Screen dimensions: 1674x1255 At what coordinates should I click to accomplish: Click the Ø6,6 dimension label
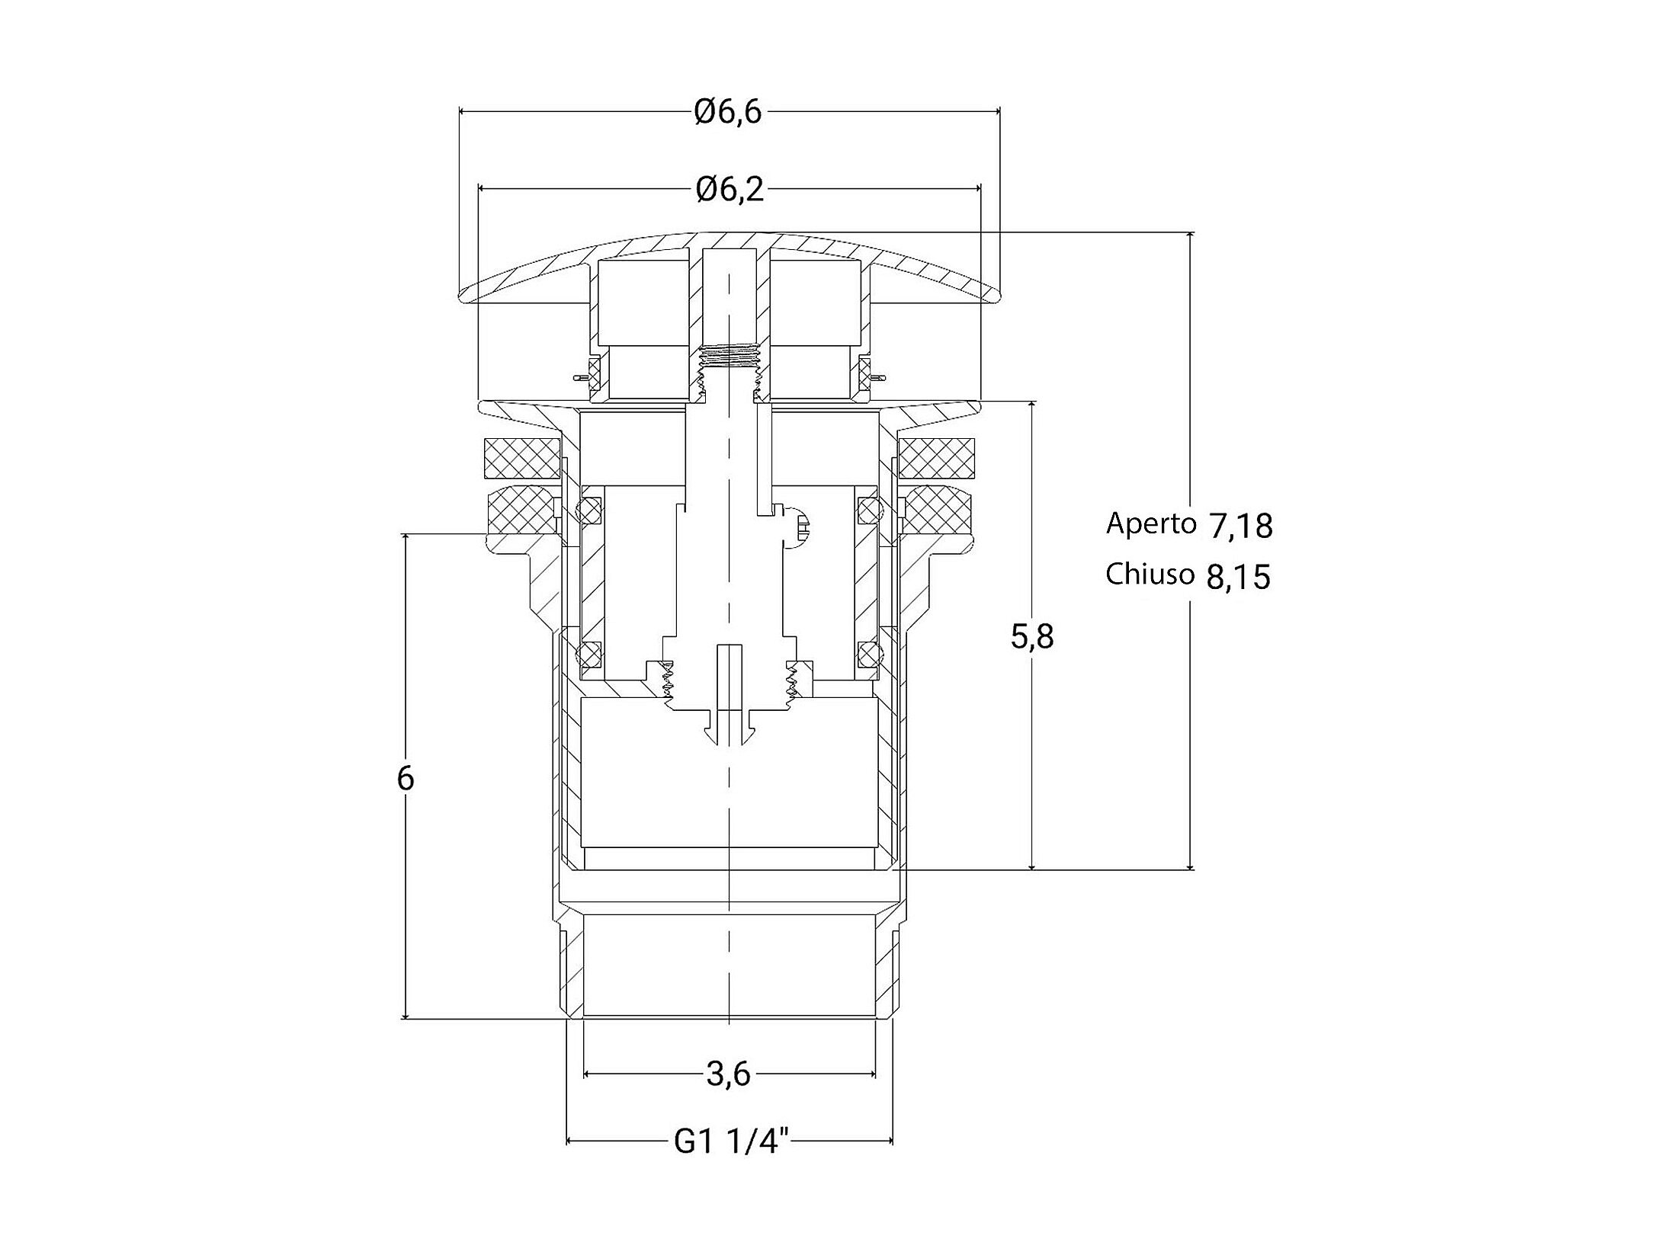coord(728,113)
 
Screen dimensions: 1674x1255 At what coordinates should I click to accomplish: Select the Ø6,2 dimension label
coord(730,190)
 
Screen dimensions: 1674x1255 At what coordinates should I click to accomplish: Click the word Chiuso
coord(1150,575)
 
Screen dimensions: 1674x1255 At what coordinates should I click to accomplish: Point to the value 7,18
coord(1240,527)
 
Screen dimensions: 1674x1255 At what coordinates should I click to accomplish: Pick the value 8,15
coord(1239,578)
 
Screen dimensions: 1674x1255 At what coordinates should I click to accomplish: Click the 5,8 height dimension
coord(1032,636)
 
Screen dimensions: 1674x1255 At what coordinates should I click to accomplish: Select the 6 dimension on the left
coord(406,779)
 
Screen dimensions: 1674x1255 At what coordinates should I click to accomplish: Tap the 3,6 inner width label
coord(729,1074)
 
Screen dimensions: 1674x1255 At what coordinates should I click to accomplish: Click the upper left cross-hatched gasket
coord(521,457)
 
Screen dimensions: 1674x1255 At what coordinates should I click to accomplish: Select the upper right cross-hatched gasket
coord(937,457)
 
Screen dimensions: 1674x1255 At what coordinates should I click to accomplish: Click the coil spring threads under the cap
coord(730,357)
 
